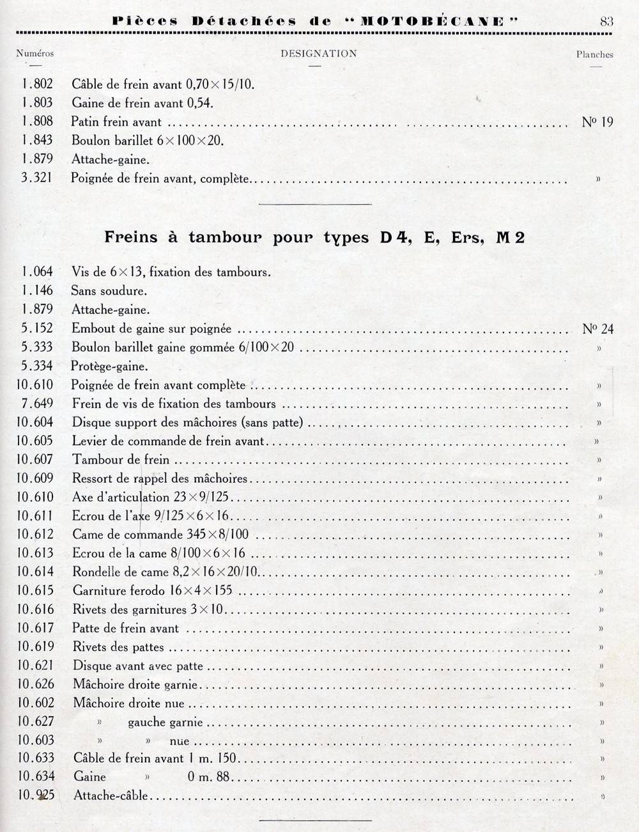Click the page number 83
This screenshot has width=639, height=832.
pyautogui.click(x=606, y=21)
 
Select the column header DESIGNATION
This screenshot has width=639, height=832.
pyautogui.click(x=318, y=54)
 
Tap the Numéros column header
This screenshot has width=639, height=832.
pyautogui.click(x=35, y=54)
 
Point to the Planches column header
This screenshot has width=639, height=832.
pyautogui.click(x=594, y=55)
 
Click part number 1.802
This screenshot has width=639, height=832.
pyautogui.click(x=37, y=84)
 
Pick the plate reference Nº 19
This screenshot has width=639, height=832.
pyautogui.click(x=597, y=122)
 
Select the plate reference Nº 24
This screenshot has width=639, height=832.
pyautogui.click(x=597, y=329)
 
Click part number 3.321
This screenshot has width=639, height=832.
pyautogui.click(x=36, y=178)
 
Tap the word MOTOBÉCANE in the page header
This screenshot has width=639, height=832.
pyautogui.click(x=434, y=21)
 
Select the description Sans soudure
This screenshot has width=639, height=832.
pyautogui.click(x=109, y=291)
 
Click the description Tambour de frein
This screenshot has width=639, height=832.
pyautogui.click(x=121, y=459)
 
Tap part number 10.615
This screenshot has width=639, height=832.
pyautogui.click(x=36, y=590)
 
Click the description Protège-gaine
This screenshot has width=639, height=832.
pyautogui.click(x=109, y=366)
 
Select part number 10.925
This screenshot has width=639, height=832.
pyautogui.click(x=36, y=796)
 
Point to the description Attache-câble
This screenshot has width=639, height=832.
pyautogui.click(x=111, y=796)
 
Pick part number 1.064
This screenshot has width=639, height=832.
pyautogui.click(x=37, y=272)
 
